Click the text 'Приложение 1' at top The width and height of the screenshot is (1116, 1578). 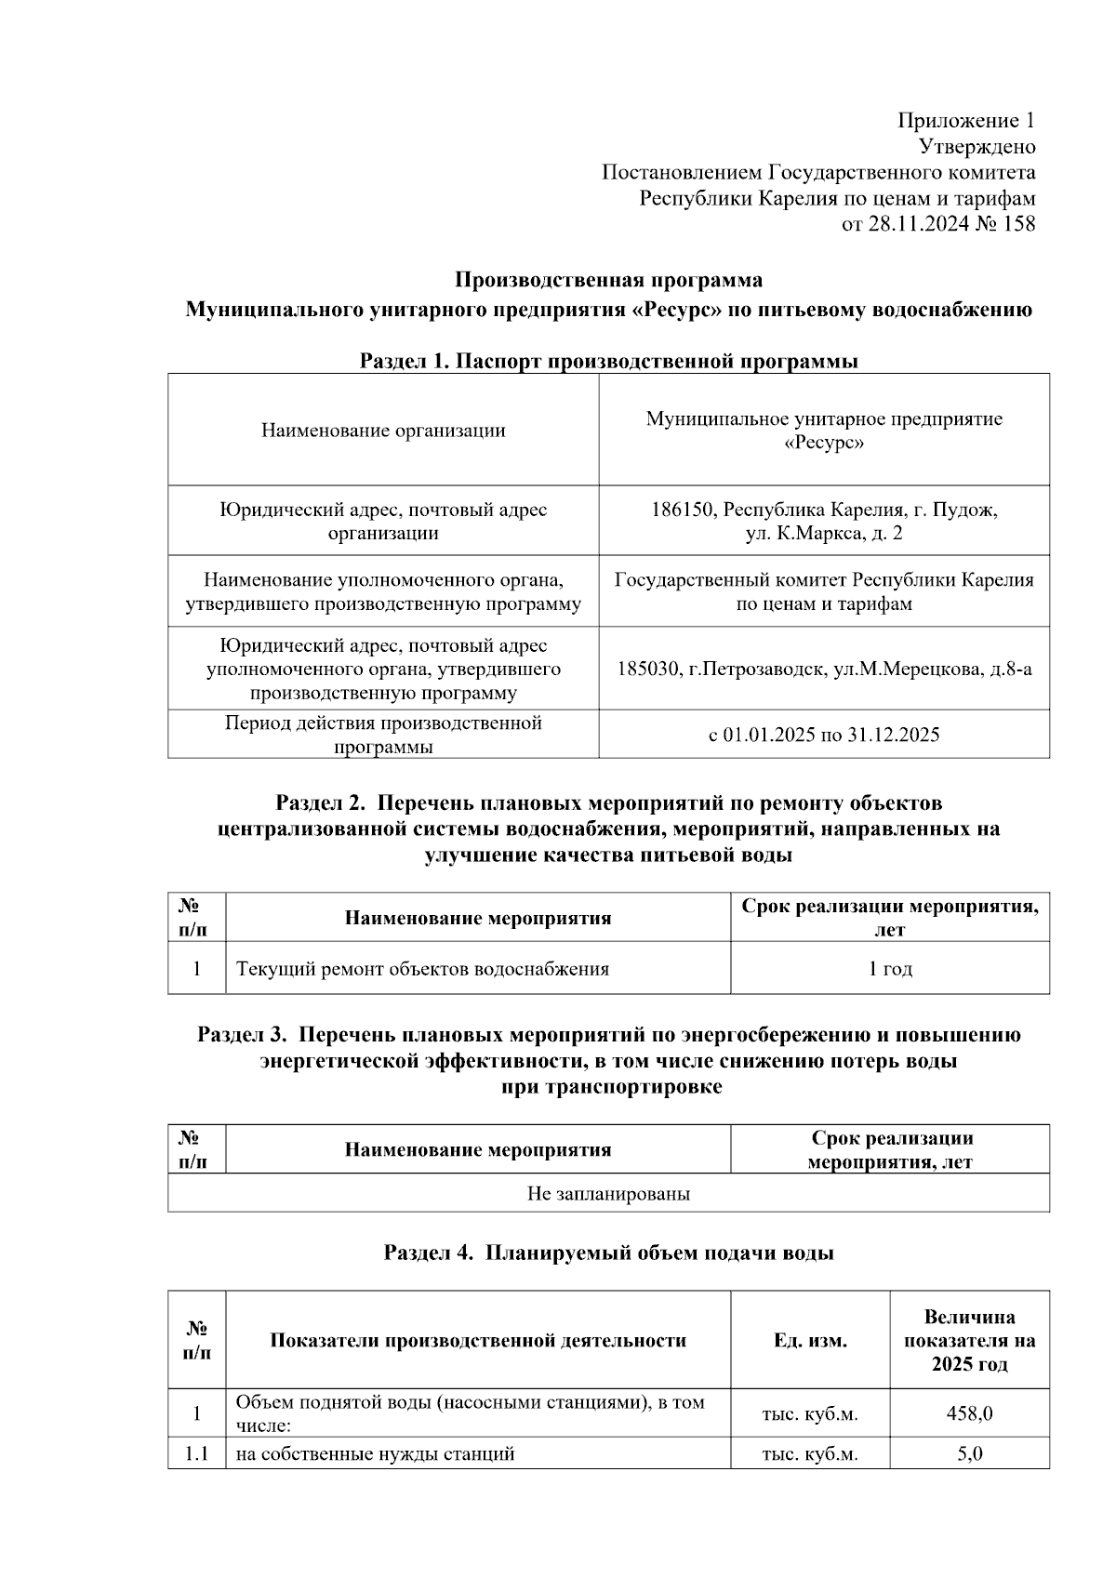click(x=965, y=121)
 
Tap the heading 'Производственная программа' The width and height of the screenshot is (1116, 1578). click(x=608, y=280)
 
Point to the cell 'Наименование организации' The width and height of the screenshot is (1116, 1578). click(x=383, y=431)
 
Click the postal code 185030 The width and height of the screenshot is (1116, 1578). click(x=648, y=669)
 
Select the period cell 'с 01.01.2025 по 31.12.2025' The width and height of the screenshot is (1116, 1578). click(x=823, y=735)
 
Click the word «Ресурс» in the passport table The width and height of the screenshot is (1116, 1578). click(x=823, y=443)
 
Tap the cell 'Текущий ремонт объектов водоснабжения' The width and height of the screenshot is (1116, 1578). click(x=422, y=969)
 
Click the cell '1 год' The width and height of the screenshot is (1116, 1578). click(x=890, y=969)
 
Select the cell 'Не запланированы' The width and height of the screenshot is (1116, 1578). click(x=608, y=1193)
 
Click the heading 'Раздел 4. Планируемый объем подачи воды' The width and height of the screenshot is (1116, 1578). click(x=608, y=1253)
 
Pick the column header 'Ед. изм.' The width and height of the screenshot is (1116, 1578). click(x=810, y=1341)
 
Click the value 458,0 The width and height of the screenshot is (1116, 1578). click(x=969, y=1413)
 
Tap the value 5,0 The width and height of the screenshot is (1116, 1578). click(x=969, y=1453)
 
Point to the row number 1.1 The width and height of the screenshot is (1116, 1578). click(x=196, y=1453)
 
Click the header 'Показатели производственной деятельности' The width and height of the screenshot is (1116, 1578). click(x=478, y=1341)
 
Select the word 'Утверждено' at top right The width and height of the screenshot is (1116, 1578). click(x=976, y=147)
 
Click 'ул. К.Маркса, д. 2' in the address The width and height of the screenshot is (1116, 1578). click(x=823, y=534)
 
